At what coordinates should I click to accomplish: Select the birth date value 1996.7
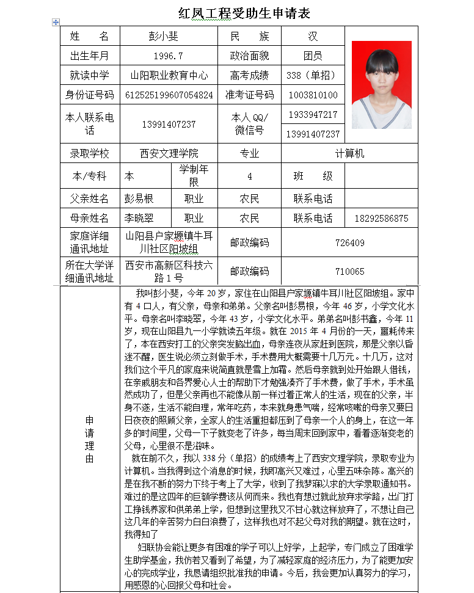169,56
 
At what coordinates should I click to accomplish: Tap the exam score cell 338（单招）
312,76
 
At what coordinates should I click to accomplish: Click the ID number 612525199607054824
169,95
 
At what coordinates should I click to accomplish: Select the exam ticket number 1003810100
313,95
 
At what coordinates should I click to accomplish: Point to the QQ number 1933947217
313,115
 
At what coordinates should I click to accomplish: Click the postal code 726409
349,243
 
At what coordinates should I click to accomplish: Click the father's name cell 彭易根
139,198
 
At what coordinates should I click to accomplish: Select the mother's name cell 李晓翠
139,218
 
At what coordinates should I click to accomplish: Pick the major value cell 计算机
349,153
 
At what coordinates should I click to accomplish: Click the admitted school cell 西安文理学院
169,153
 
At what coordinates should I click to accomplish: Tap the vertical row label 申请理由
90,439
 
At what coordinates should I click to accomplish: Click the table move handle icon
56,22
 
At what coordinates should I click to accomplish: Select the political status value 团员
313,56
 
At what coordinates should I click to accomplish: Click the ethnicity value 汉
313,37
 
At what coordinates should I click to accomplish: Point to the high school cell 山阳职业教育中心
169,76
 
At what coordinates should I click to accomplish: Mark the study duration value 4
249,176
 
